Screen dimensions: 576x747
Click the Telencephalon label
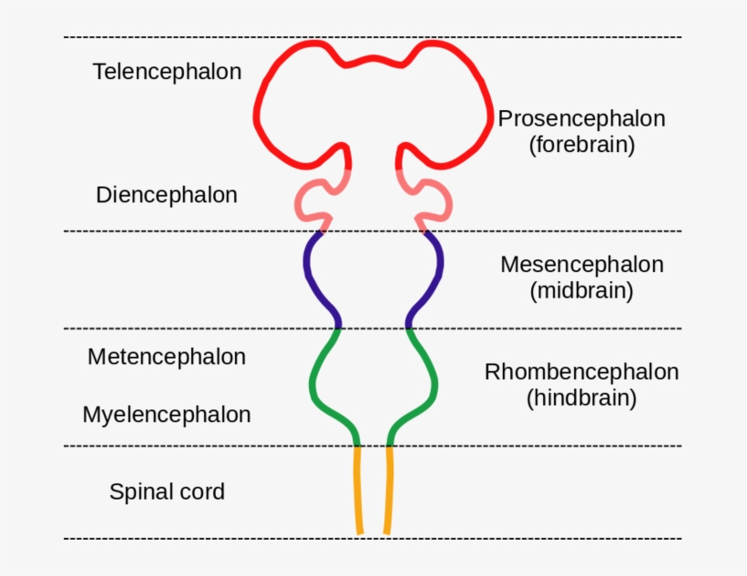(x=167, y=72)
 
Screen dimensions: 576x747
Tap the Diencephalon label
(x=167, y=195)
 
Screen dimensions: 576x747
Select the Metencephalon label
(x=167, y=357)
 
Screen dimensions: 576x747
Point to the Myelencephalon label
(x=167, y=415)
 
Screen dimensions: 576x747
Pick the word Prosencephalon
(x=581, y=119)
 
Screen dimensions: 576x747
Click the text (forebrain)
(x=581, y=145)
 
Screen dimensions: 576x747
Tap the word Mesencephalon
(x=581, y=265)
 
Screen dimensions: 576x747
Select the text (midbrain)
(x=581, y=291)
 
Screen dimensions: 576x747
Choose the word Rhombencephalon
(x=581, y=372)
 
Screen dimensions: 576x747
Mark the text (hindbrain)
(x=581, y=398)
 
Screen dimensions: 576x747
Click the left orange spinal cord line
(x=358, y=491)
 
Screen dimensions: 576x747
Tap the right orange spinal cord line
(x=389, y=491)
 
